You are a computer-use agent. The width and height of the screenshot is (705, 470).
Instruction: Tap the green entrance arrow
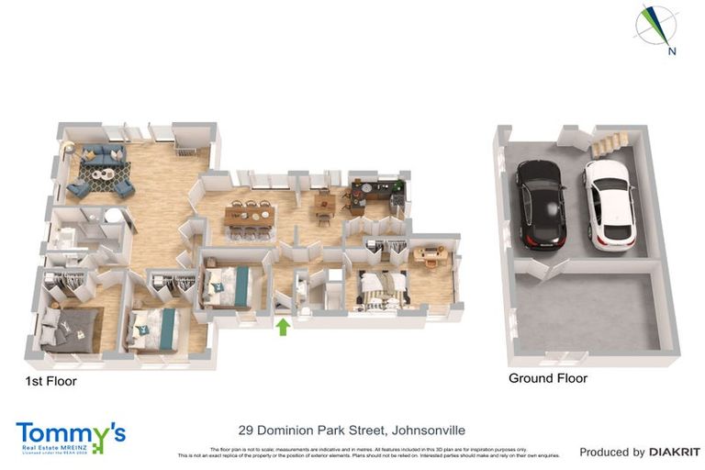click(284, 326)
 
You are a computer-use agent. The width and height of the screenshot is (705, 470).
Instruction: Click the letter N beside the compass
click(672, 51)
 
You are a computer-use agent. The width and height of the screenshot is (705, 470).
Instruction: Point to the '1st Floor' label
click(50, 380)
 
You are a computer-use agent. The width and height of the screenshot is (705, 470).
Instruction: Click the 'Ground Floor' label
click(548, 378)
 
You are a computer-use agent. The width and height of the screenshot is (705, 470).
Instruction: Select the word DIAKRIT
click(675, 452)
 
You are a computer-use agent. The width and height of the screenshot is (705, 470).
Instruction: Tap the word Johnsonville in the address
click(428, 429)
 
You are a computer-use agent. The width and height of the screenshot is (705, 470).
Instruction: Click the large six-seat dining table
click(251, 217)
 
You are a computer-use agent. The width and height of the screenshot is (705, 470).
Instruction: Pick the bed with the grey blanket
click(69, 328)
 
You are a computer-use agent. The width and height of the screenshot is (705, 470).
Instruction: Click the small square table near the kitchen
click(324, 203)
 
